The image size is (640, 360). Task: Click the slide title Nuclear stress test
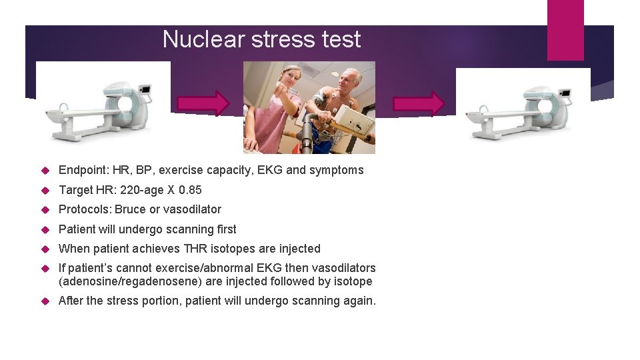[x=261, y=39]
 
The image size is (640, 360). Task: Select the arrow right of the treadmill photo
[x=419, y=104]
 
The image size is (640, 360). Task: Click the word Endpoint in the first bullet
[x=83, y=170]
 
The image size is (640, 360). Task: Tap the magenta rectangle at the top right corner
[x=565, y=29]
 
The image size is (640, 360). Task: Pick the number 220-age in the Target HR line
[x=142, y=190]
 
